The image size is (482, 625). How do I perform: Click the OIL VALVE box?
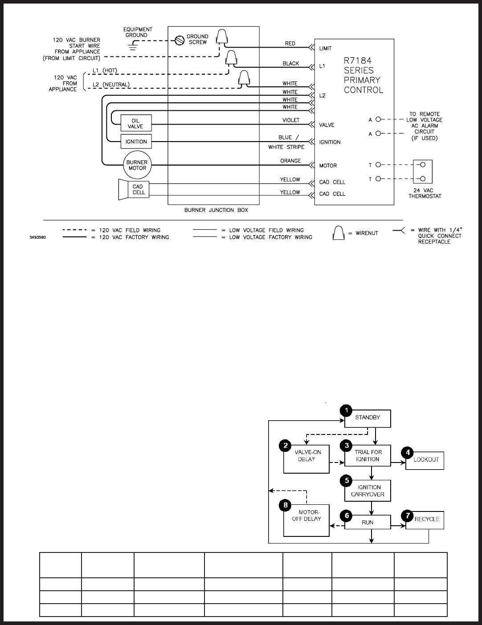[136, 123]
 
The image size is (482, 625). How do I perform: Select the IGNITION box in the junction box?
[136, 142]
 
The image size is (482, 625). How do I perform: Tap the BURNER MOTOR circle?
[137, 165]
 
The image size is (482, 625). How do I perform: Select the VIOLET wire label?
[291, 120]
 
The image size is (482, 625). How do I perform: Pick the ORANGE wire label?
[290, 161]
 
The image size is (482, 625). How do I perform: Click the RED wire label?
[290, 44]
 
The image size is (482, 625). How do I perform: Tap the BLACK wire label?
[291, 64]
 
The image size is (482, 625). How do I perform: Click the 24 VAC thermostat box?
[423, 172]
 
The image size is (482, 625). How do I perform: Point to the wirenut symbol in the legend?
[339, 233]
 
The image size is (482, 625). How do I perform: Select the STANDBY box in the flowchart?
[368, 418]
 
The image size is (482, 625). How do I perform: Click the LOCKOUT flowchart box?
[425, 460]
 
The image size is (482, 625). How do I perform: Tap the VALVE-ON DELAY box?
[306, 459]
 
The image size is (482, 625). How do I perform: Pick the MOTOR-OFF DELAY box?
[306, 520]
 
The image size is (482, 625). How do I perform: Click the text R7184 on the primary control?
[358, 61]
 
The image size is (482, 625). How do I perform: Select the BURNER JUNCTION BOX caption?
[216, 210]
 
